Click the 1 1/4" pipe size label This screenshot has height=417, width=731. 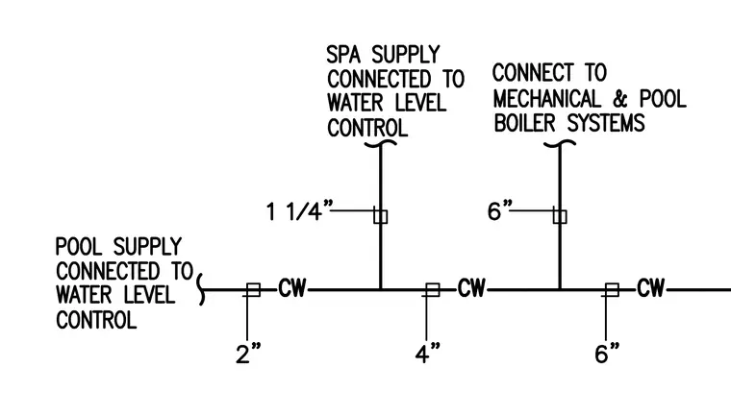[x=300, y=211]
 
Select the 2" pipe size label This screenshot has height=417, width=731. [x=248, y=354]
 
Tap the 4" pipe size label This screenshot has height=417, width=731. [x=427, y=354]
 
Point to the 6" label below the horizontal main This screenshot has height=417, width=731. [x=607, y=354]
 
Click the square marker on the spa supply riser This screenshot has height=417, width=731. [x=381, y=216]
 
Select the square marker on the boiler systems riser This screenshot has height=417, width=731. [x=560, y=216]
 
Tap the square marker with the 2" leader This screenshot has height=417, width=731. [x=253, y=290]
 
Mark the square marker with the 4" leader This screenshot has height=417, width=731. [x=433, y=290]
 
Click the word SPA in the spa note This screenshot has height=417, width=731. [x=343, y=55]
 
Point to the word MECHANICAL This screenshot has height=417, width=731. [x=547, y=99]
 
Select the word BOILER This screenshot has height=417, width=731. [x=524, y=124]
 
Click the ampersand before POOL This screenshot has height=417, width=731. [x=620, y=99]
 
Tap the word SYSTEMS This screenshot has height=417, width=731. [x=606, y=124]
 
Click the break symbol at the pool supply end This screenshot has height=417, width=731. [x=201, y=289]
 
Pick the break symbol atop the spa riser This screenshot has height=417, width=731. [x=381, y=143]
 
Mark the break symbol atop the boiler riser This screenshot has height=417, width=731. [x=560, y=143]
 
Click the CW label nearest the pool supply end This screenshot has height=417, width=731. [x=292, y=288]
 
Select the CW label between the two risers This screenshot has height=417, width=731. [x=471, y=288]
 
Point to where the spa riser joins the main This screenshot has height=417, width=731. [x=381, y=290]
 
